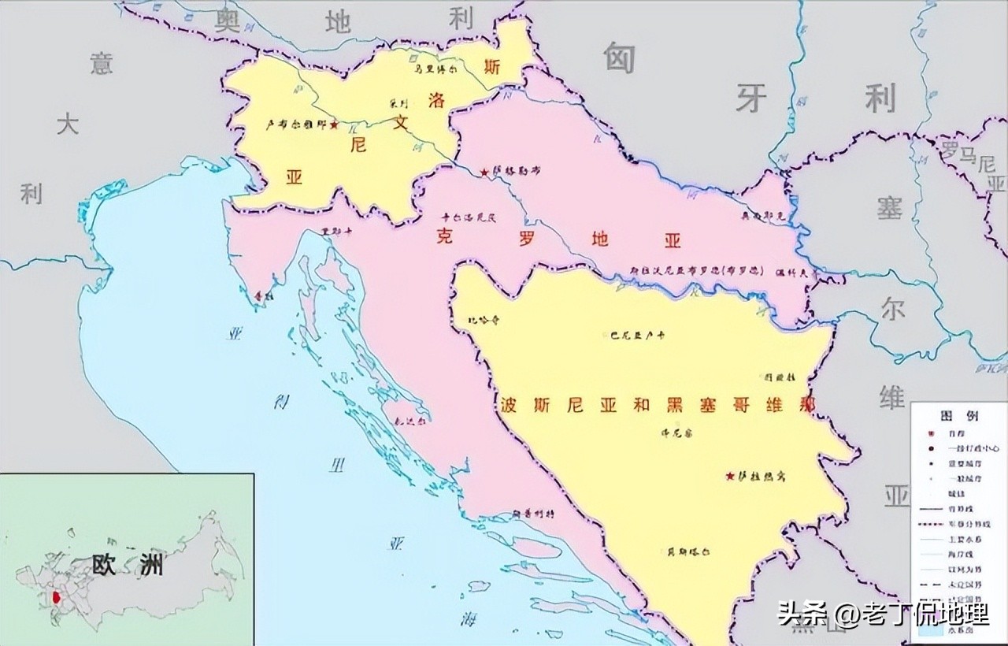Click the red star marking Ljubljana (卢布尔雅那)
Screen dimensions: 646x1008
pos(334,124)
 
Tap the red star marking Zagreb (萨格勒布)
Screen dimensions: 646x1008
pos(484,172)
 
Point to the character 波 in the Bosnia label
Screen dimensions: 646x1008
pos(510,406)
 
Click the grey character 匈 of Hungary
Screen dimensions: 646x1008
pos(619,57)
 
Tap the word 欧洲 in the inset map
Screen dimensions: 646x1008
pos(128,564)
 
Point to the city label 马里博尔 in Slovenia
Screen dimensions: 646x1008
pos(435,69)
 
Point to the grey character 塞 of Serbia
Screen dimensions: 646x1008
pos(890,210)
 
